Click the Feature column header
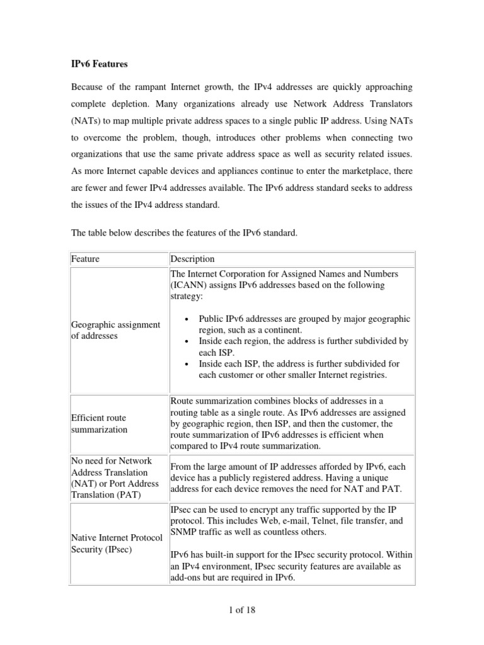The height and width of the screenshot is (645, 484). point(85,259)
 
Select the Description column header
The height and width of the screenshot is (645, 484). point(193,259)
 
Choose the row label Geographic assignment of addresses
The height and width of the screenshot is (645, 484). point(115,330)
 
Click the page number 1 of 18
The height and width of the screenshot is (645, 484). point(241,610)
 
